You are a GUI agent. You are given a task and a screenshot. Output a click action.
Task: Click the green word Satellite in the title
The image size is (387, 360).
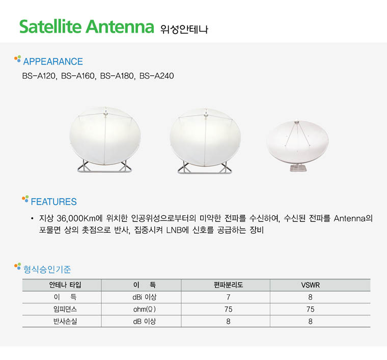coord(50,26)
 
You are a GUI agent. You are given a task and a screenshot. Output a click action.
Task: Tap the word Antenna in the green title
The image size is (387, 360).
coord(120,26)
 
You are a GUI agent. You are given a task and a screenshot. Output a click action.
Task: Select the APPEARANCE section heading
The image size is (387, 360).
coord(53,62)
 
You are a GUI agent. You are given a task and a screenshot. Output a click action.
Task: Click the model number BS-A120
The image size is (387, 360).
coord(39,76)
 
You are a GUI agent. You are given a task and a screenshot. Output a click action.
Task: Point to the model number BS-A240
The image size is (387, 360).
coord(156,76)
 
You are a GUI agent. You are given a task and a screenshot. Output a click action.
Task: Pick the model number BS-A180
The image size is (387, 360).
coord(117,76)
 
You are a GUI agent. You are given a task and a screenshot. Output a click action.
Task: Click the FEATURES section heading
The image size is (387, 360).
coord(53,202)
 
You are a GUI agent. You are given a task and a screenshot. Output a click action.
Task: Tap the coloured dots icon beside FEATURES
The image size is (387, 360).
coord(25,199)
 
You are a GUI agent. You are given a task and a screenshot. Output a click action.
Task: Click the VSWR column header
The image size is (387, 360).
coord(310,285)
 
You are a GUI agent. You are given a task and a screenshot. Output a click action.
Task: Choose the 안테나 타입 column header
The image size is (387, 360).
coord(65,285)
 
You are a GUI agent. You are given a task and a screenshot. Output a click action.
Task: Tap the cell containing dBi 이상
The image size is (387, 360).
coord(145,297)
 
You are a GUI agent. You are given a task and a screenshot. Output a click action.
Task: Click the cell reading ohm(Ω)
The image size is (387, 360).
coord(145,309)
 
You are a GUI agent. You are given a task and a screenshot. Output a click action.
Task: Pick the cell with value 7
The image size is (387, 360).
coord(228,297)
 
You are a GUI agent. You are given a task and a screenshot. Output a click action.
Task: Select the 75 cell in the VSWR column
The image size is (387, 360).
coord(310,309)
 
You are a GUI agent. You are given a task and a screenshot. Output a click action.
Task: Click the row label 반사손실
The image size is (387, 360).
coord(65,321)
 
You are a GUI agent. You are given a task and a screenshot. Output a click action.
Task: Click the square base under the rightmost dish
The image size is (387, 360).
coord(298,168)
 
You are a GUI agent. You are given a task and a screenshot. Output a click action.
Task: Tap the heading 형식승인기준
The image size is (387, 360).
coord(47,269)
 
